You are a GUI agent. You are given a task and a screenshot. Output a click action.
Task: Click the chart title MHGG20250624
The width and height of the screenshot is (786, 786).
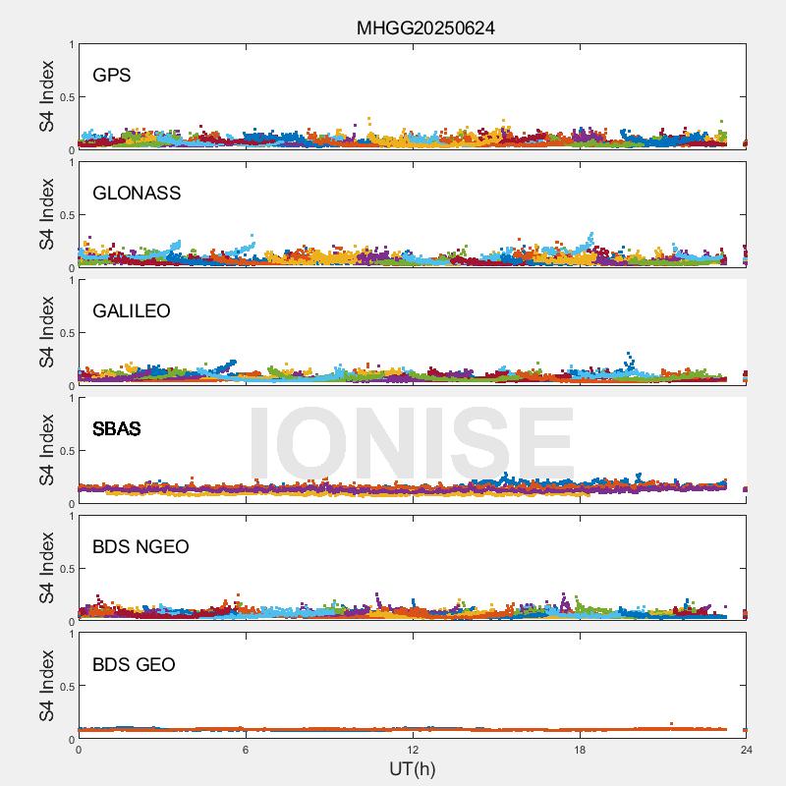tap(425, 28)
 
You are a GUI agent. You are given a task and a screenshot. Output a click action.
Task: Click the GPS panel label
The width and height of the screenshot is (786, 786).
tap(112, 76)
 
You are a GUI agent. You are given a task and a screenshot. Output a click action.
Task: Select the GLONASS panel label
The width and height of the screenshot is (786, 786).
tap(137, 194)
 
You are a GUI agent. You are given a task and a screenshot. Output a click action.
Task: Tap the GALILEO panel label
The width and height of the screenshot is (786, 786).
tap(132, 311)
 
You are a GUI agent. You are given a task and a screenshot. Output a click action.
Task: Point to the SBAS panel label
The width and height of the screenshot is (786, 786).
tap(117, 429)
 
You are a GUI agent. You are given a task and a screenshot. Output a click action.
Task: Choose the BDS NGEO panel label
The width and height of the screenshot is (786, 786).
tap(140, 547)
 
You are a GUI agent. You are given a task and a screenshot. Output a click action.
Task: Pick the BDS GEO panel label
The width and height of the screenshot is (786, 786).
tap(134, 665)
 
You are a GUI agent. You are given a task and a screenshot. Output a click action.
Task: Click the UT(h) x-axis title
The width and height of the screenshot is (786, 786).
tap(413, 768)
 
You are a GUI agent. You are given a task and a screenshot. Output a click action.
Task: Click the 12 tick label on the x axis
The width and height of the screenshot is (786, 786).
tap(413, 750)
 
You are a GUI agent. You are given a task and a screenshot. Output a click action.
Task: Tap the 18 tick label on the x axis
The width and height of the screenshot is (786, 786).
tap(580, 750)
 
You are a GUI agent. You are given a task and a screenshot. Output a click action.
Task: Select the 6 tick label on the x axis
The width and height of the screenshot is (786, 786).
tap(246, 750)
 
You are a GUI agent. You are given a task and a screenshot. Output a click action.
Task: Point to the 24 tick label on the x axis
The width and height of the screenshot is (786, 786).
tap(747, 750)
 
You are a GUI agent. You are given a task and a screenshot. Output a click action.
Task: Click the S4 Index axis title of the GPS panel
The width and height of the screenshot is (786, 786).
tap(47, 97)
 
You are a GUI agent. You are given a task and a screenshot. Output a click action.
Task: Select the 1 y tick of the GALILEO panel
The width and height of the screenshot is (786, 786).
tap(71, 281)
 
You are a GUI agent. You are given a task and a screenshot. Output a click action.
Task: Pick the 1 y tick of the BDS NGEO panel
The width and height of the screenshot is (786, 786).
tap(71, 517)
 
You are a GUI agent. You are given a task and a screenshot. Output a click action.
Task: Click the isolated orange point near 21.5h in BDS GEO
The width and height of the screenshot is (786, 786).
tap(671, 724)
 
